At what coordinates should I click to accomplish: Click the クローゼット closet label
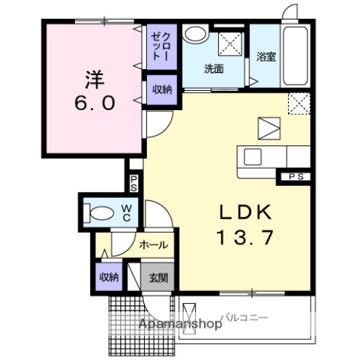(x=161, y=46)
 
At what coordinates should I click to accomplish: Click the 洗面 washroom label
(x=215, y=69)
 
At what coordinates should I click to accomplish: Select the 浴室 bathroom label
(x=265, y=56)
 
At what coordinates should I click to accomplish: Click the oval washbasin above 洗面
(x=196, y=34)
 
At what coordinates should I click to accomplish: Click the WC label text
(x=127, y=212)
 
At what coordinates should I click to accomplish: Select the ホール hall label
(x=152, y=244)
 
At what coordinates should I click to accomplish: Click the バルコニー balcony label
(x=244, y=318)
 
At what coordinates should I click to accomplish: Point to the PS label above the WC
(x=133, y=182)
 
